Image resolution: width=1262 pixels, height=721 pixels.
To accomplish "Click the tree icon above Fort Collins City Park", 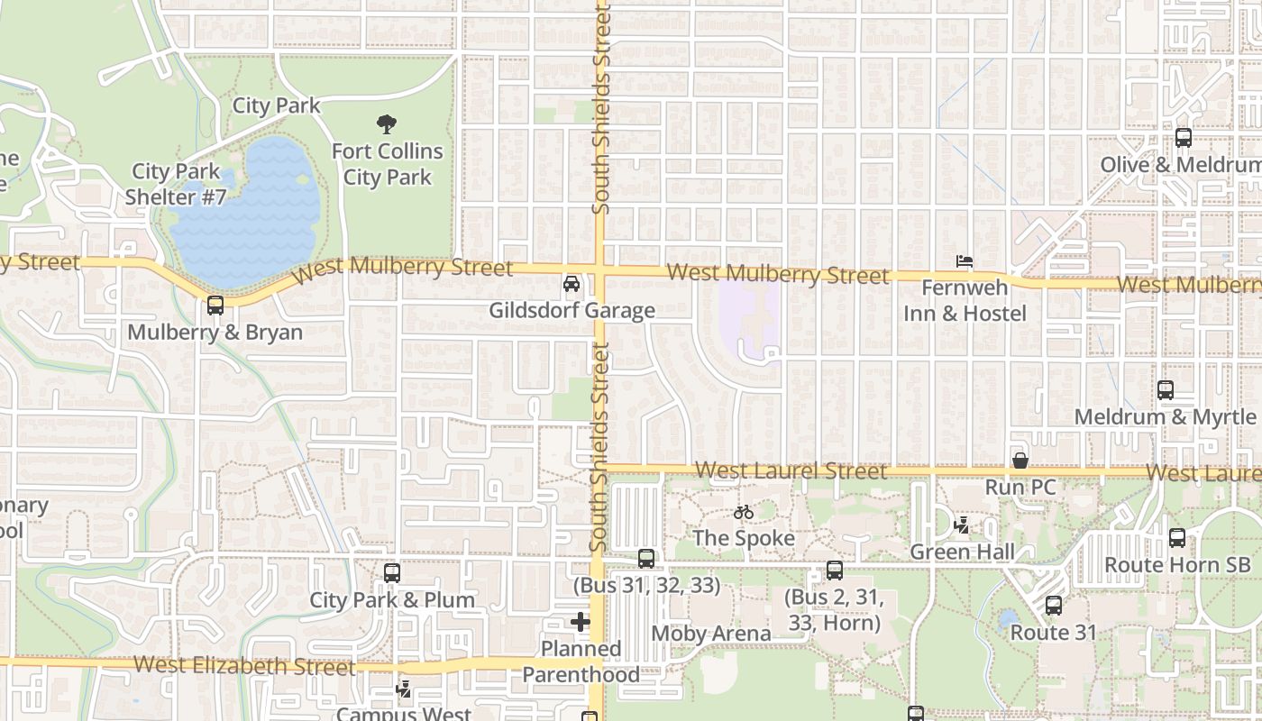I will click(x=387, y=123).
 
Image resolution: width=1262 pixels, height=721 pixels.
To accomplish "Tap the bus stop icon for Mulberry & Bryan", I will click(x=215, y=306).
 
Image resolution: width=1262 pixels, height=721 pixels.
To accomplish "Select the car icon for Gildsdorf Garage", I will click(x=572, y=284).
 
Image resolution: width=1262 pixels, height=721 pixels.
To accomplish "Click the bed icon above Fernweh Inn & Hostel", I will click(x=965, y=262).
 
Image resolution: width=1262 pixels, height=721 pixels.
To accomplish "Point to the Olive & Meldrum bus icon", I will click(x=1184, y=138).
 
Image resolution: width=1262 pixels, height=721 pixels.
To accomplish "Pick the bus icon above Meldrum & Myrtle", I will click(x=1166, y=390).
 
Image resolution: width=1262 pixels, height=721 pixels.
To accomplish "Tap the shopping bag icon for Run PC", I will click(x=1020, y=461).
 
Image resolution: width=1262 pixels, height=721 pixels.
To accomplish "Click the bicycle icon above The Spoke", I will click(x=744, y=512).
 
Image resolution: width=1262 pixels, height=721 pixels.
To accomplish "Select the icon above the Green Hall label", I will click(x=962, y=525).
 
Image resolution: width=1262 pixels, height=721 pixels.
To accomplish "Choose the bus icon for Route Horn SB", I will click(x=1177, y=538).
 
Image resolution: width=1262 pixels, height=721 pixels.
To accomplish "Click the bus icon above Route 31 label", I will click(x=1054, y=606).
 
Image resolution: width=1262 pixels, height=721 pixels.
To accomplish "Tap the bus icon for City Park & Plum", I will click(x=392, y=573).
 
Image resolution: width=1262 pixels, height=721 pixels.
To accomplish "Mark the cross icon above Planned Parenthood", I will click(x=581, y=622).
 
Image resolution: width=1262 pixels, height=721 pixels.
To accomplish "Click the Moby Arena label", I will click(x=710, y=634).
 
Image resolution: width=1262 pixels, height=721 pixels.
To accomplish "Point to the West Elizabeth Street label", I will click(x=244, y=666).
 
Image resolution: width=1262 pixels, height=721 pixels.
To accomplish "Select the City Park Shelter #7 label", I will click(x=176, y=184).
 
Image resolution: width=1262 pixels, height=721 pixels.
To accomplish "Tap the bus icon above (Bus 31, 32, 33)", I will click(x=646, y=559).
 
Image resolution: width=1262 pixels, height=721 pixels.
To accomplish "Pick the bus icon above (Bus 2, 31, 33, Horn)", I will click(x=835, y=570).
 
